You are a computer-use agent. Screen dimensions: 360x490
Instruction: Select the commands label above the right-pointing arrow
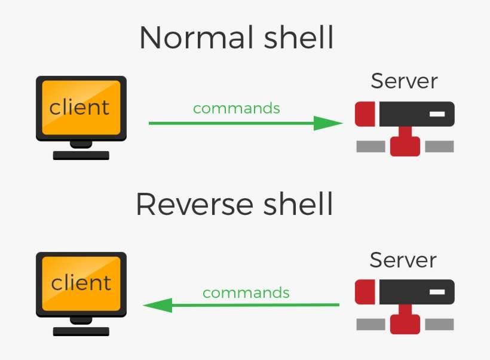(x=237, y=109)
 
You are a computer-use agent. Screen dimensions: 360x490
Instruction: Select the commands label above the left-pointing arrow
(x=246, y=293)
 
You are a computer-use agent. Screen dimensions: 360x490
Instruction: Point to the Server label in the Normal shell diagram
(x=405, y=81)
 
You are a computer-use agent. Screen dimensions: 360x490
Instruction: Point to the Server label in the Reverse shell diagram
(x=403, y=260)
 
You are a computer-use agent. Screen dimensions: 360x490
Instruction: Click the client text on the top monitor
(x=80, y=107)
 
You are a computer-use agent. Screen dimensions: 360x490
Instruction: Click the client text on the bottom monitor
(x=81, y=282)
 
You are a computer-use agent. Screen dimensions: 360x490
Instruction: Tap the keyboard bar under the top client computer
(x=81, y=156)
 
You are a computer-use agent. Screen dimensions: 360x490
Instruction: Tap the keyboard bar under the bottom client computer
(x=81, y=331)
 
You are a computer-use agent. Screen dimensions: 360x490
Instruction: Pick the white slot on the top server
(x=437, y=113)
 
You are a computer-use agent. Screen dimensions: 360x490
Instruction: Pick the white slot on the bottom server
(x=437, y=292)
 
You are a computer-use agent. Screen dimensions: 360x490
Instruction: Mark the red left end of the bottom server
(x=365, y=292)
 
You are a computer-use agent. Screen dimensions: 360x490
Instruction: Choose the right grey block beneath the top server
(x=439, y=146)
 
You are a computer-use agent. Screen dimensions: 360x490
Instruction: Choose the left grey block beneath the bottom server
(x=370, y=325)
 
